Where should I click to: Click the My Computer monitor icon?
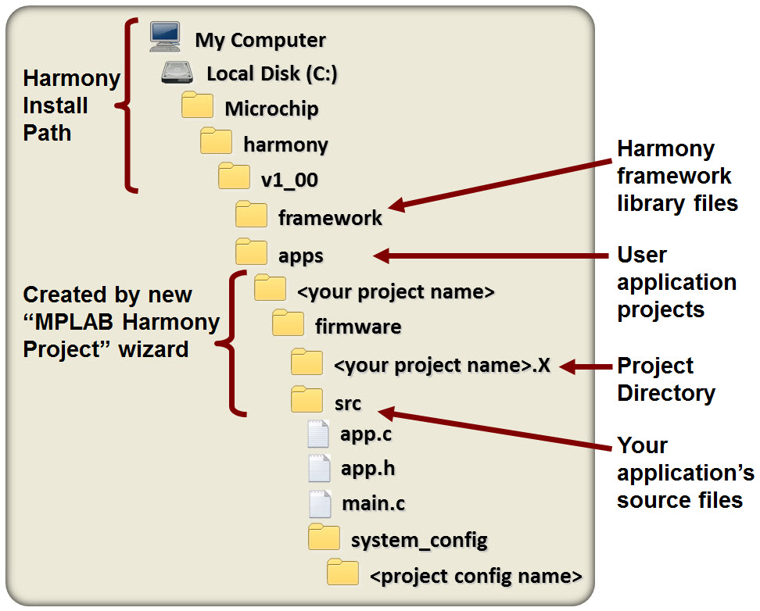165,38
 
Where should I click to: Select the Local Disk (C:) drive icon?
179,73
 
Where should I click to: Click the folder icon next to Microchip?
198,105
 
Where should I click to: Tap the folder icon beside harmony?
217,142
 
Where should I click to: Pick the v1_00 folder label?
289,179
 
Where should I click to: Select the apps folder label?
301,255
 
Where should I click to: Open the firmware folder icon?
287,323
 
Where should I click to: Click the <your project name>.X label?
442,365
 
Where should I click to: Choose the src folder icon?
307,400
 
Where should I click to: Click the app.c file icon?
318,434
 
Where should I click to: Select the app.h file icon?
319,469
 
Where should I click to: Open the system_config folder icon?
324,538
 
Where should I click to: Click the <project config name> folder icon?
343,573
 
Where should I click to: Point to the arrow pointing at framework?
500,184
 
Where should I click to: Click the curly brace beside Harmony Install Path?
128,105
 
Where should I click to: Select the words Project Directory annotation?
665,379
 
